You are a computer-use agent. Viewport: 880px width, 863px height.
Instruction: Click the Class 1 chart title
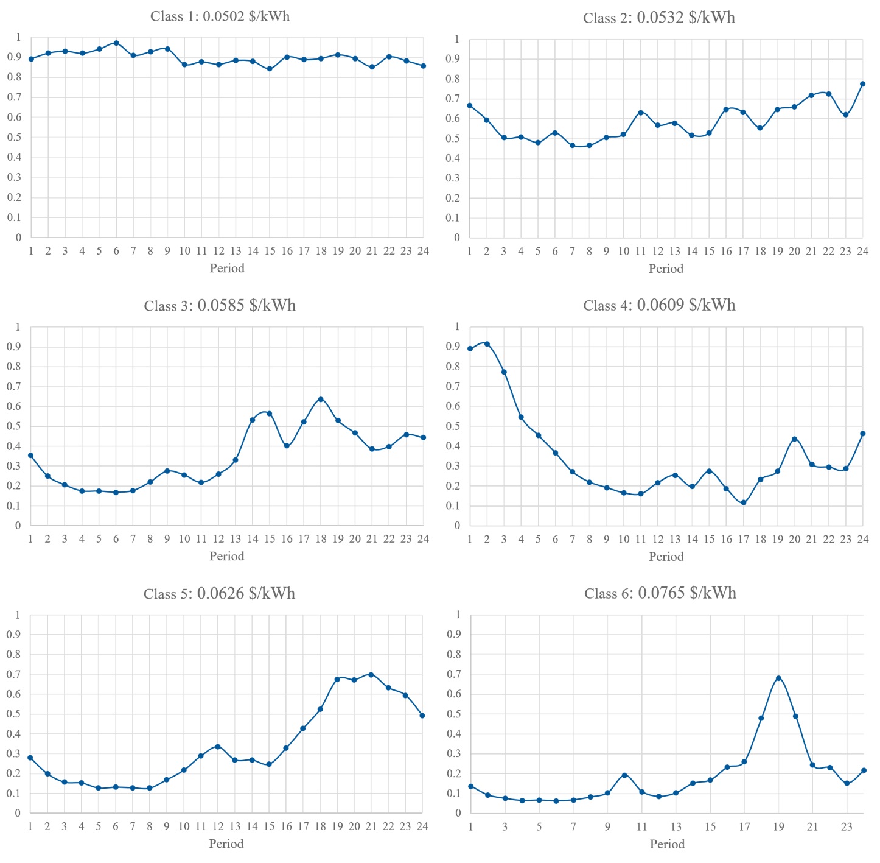coord(220,16)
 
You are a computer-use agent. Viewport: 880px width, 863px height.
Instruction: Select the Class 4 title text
coord(659,305)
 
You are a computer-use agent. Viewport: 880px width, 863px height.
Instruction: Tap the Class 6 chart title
coord(660,593)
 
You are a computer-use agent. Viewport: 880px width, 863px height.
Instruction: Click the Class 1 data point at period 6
coord(116,43)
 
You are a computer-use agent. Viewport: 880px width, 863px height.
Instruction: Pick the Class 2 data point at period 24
coord(862,84)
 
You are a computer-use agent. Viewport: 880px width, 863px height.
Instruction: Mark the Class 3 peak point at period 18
coord(321,400)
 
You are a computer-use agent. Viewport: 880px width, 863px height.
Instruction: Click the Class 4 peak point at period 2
coord(487,344)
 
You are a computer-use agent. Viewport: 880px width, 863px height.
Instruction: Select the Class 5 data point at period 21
coord(371,675)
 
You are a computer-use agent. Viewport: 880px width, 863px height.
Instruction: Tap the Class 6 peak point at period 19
coord(778,678)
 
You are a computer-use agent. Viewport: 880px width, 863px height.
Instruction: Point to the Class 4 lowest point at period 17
coord(743,503)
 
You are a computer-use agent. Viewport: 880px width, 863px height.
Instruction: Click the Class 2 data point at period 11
coord(640,113)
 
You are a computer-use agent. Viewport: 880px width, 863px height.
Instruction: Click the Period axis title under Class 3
coord(226,556)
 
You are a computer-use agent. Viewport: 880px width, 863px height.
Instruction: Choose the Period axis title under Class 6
coord(667,844)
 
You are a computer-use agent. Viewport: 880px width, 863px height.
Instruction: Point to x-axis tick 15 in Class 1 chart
coord(270,251)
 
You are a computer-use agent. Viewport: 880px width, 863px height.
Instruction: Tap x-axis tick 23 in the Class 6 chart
coord(847,826)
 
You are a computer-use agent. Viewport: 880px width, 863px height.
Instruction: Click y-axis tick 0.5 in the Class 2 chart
coord(453,138)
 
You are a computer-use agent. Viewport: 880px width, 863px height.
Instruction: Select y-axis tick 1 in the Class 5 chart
coord(18,615)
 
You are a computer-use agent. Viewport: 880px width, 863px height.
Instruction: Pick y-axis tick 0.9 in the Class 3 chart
coord(14,347)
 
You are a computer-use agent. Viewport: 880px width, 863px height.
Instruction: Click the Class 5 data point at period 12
coord(218,747)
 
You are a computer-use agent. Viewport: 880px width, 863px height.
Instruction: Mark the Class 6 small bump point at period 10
coord(624,775)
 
